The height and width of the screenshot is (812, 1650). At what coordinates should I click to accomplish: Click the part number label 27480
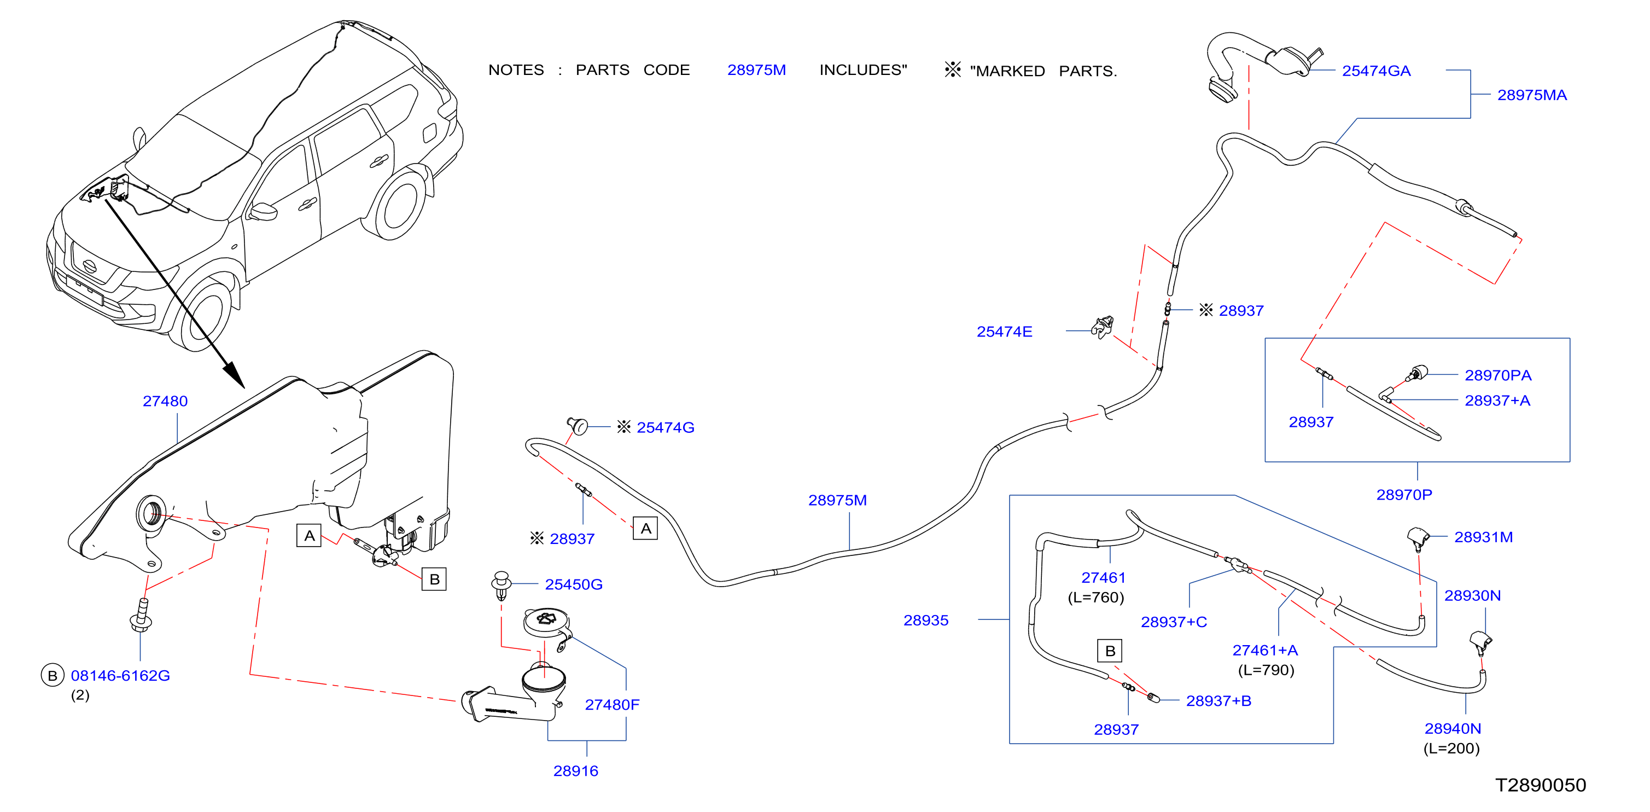(165, 401)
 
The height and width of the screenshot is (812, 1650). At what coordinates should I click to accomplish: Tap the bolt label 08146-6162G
(120, 676)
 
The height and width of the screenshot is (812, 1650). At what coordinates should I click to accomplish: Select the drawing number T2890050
(1541, 785)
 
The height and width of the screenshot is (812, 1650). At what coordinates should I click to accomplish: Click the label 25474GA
(1376, 71)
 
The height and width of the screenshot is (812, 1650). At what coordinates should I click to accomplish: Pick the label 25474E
(1004, 332)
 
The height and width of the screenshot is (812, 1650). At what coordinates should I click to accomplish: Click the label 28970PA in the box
(1497, 375)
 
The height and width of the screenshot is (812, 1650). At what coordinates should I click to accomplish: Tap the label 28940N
(1453, 729)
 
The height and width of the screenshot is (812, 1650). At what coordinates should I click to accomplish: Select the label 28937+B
(1218, 701)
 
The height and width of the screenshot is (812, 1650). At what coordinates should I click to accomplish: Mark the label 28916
(575, 771)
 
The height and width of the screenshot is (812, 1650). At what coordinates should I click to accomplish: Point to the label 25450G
(573, 584)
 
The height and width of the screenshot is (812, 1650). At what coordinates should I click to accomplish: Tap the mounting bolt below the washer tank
(142, 614)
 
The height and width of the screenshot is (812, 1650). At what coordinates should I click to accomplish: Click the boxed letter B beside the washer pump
(434, 579)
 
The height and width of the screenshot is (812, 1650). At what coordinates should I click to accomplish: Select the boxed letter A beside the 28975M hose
(645, 528)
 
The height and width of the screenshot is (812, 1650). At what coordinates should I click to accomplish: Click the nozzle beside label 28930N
(1481, 642)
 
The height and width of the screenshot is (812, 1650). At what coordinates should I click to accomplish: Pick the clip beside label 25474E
(1103, 328)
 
